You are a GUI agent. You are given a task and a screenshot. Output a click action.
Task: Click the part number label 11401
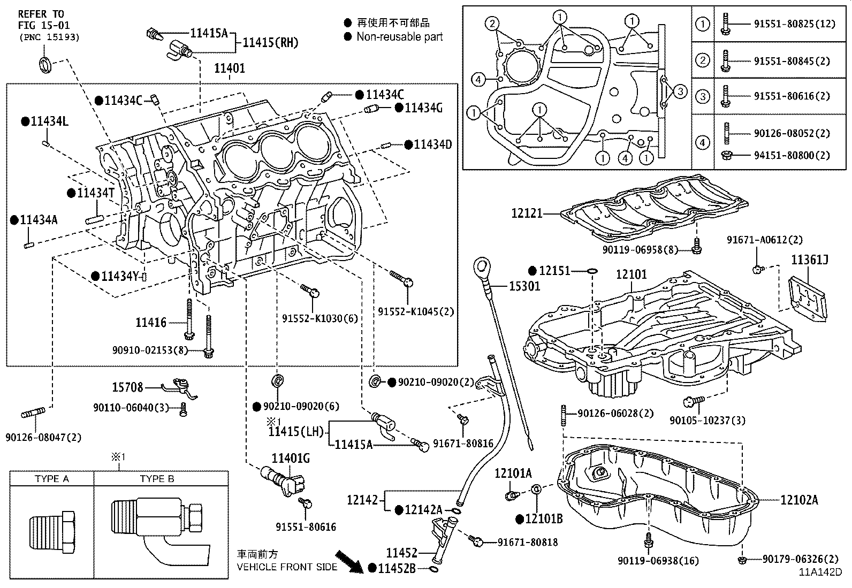[230, 68]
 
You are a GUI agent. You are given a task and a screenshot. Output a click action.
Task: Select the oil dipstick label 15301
[524, 286]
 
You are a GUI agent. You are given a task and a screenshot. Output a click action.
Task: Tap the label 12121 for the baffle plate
[527, 213]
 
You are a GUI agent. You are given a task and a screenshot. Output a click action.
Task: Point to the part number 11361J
[810, 261]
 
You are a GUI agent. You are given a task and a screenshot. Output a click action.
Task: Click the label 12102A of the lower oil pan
[799, 500]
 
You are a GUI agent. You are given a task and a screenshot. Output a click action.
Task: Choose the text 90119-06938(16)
[658, 561]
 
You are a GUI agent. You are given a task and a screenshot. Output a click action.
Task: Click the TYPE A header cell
[52, 479]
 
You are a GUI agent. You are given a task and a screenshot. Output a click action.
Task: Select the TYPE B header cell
[157, 479]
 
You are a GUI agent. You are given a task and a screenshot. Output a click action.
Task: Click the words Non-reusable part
[399, 37]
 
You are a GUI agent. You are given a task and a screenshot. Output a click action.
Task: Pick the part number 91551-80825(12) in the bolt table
[794, 24]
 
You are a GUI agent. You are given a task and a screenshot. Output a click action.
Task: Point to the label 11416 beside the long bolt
[151, 323]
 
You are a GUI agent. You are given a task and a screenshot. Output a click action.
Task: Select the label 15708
[127, 387]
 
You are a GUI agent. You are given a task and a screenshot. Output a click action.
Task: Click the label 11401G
[291, 458]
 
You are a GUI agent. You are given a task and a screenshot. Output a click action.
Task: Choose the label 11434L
[49, 121]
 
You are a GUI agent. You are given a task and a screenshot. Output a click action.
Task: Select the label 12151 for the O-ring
[554, 271]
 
